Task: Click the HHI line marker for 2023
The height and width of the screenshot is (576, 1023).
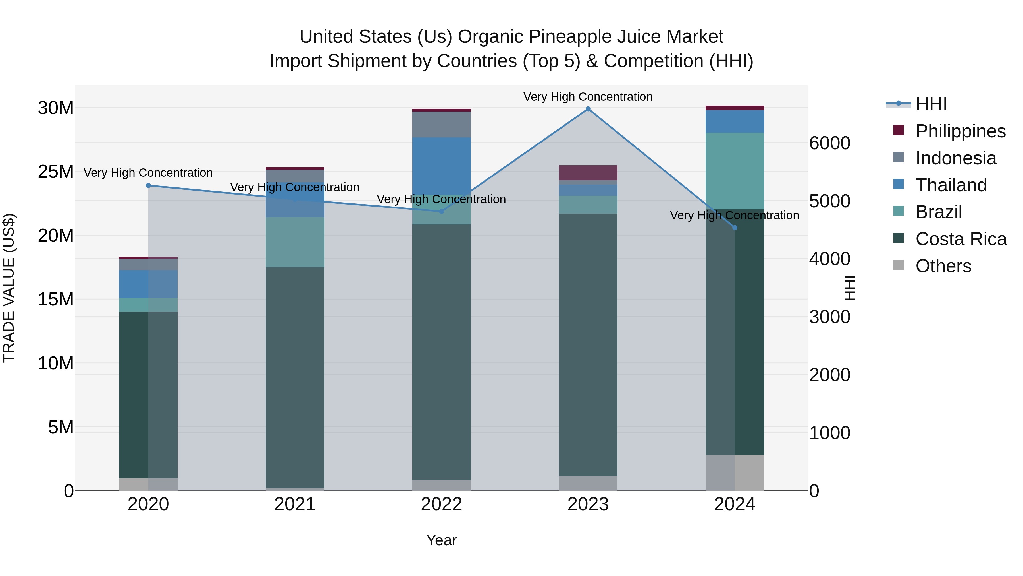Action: click(x=588, y=109)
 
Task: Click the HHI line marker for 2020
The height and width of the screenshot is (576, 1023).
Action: click(x=149, y=186)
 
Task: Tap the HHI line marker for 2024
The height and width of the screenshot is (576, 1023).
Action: click(x=735, y=228)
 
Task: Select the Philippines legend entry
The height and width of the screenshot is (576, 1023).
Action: click(x=960, y=131)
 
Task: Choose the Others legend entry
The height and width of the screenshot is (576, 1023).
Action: click(x=943, y=266)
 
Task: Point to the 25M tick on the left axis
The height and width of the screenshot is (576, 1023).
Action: click(x=56, y=172)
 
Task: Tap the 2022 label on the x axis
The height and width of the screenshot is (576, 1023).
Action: click(x=441, y=504)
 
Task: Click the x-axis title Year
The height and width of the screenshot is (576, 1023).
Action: click(x=441, y=540)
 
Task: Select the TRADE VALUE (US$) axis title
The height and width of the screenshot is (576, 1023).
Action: click(x=9, y=288)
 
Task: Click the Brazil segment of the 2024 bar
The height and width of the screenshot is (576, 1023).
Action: click(x=735, y=171)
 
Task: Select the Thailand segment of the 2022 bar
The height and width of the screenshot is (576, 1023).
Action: click(x=441, y=166)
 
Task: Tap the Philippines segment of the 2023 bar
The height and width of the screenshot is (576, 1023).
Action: click(x=588, y=173)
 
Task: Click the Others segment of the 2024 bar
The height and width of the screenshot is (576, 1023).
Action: click(x=735, y=473)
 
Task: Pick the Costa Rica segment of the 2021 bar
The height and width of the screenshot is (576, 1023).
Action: click(x=295, y=378)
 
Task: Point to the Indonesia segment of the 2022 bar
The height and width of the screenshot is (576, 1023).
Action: click(x=441, y=124)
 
